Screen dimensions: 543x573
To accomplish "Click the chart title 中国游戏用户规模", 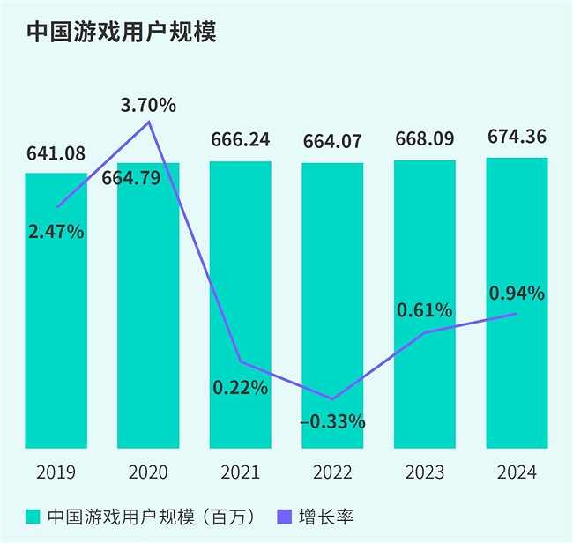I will pos(121,32).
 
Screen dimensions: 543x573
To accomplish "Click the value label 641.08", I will pos(56,154).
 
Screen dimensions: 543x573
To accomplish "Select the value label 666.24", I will pos(240,139).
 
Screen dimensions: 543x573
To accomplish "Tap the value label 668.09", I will pos(425,139).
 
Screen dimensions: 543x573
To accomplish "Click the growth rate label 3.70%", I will pos(148,106).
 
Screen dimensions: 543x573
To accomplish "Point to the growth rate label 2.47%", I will pos(56,233).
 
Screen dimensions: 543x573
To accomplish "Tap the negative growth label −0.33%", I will pos(332,421).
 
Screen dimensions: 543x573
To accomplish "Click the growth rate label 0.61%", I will pos(425,309).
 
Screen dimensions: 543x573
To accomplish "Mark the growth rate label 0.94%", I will pos(517,292).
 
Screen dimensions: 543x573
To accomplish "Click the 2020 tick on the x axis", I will pos(148,472).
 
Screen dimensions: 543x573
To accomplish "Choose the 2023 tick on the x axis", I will pos(425,472).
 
